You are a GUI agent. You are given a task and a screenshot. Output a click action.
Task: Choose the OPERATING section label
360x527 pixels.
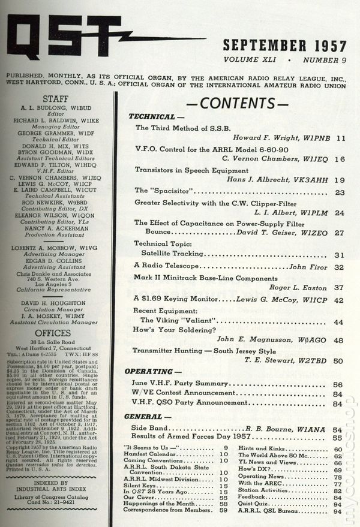(154, 372)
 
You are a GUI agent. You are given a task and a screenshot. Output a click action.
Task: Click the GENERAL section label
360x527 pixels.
(149, 416)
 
